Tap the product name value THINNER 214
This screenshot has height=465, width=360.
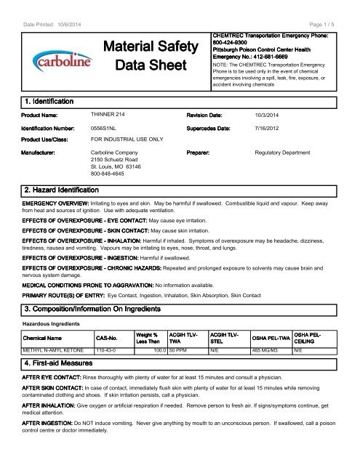(x=108, y=114)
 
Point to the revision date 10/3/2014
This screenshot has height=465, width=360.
(x=270, y=114)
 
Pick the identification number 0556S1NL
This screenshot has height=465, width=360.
(x=107, y=128)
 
